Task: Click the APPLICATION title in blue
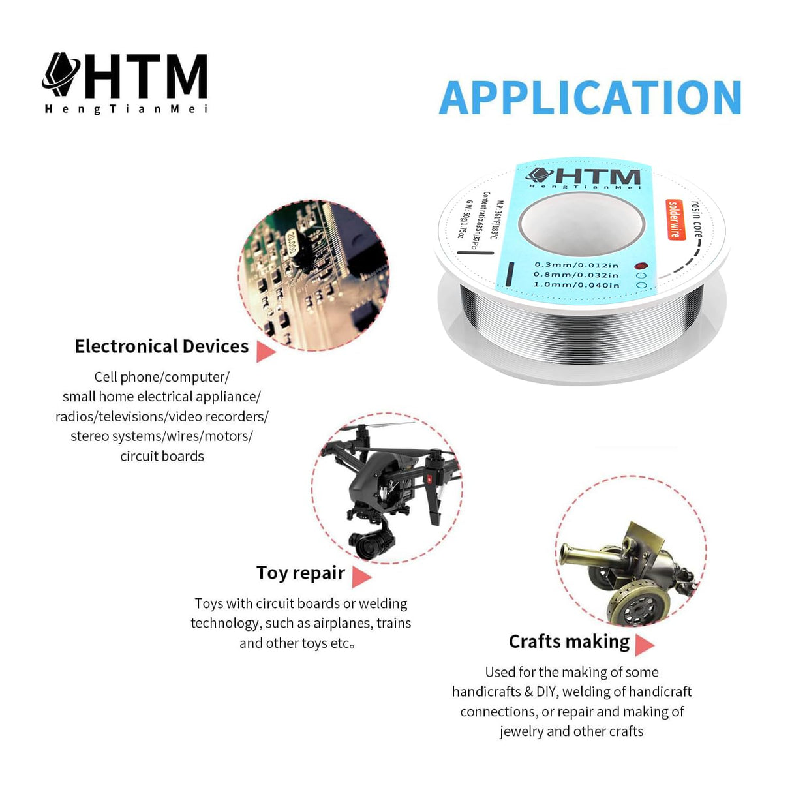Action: pos(590,98)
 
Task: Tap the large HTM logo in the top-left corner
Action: pos(125,82)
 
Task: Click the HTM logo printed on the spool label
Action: pos(583,177)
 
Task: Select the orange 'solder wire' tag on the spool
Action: pos(675,219)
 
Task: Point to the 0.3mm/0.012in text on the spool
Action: pos(576,265)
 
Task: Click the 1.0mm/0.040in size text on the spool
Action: pos(576,285)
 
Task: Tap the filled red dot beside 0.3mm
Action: pos(641,266)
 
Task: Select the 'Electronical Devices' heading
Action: pos(162,346)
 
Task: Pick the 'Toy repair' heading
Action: pos(300,573)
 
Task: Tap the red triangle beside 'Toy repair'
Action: pos(360,577)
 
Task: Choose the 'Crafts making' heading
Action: pos(569,642)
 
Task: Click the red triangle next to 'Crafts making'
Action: pos(643,645)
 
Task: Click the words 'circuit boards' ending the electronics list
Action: pos(162,457)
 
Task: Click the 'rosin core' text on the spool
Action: pos(696,218)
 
